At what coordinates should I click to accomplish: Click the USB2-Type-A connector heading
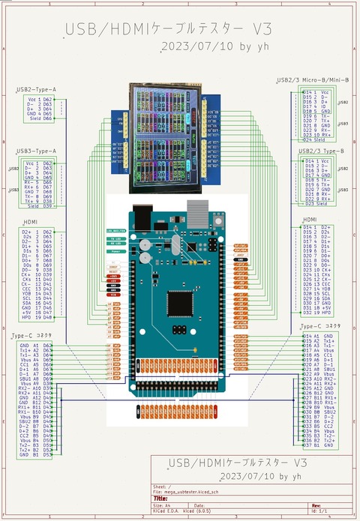tap(36, 89)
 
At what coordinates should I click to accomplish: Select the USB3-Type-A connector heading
tap(36, 151)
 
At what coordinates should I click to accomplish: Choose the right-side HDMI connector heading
tap(309, 218)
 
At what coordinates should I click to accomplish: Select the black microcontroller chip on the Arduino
tap(181, 302)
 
